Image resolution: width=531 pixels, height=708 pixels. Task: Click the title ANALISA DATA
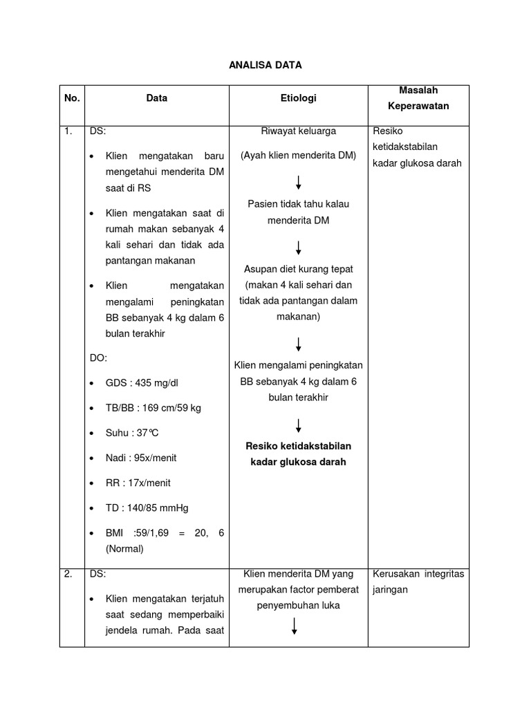coord(265,65)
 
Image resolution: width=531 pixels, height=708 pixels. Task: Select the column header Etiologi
coord(298,98)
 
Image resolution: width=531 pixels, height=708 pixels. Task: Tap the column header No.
coord(72,98)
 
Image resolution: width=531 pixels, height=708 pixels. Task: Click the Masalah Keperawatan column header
coord(418,98)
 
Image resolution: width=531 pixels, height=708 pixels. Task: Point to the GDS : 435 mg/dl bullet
coord(136,383)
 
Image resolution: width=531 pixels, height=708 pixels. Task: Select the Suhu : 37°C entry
coord(132,433)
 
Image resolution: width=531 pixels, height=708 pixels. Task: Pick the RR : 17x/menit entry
coord(138,483)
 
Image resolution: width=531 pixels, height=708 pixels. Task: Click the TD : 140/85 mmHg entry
coord(147,507)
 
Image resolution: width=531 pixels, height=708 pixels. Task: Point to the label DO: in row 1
coord(98,358)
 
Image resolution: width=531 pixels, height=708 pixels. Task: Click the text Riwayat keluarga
coord(298,131)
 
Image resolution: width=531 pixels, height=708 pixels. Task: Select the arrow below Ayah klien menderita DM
coord(298,183)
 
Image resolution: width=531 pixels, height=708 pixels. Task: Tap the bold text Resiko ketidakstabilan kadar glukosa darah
coord(298,454)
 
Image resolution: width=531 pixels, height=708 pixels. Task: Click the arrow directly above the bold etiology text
coord(298,425)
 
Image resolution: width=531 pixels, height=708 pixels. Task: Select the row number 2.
coord(68,574)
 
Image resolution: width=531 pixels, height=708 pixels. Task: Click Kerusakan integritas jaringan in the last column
coord(418,581)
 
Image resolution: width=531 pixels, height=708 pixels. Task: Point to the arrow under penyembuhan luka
coord(295,626)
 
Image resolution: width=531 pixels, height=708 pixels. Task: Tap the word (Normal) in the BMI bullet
coord(124,549)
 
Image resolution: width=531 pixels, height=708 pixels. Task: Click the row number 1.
coord(68,131)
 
